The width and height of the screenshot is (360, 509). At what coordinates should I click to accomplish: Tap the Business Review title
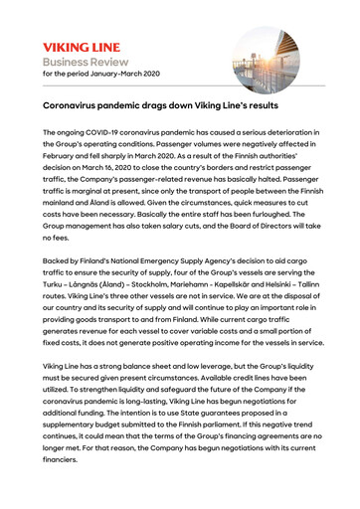pyautogui.click(x=87, y=62)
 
